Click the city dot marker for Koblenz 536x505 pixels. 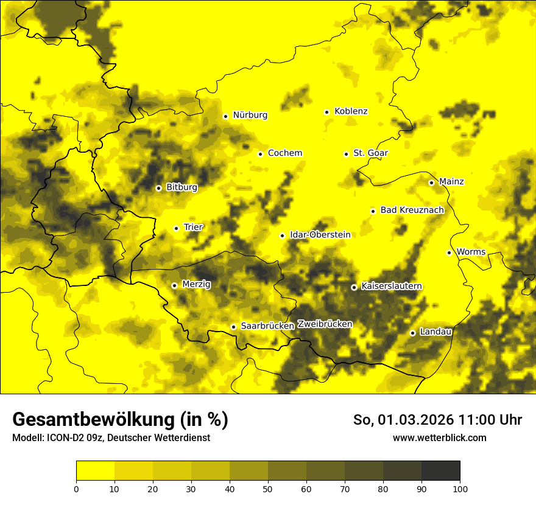coord(327,112)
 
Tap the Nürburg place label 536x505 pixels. coord(250,115)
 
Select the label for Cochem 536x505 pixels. coord(285,153)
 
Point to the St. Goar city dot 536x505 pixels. coord(346,154)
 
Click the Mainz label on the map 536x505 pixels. coord(451,182)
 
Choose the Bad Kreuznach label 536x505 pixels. coord(412,211)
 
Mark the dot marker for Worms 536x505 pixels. coord(450,252)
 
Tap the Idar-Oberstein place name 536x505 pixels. coord(320,235)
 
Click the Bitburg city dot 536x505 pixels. coord(159,188)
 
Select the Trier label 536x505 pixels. coord(193,228)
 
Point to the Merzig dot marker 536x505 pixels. coord(174,285)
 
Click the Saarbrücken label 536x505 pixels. coord(267,326)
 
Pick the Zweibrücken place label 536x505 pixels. coord(325,324)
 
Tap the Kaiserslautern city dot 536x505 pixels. coord(354,287)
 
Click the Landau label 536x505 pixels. coord(435,332)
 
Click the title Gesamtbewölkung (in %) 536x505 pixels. coord(120,420)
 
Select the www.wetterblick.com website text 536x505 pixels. coord(439,438)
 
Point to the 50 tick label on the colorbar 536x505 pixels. coord(268,489)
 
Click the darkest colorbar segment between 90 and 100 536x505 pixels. coord(440,471)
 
